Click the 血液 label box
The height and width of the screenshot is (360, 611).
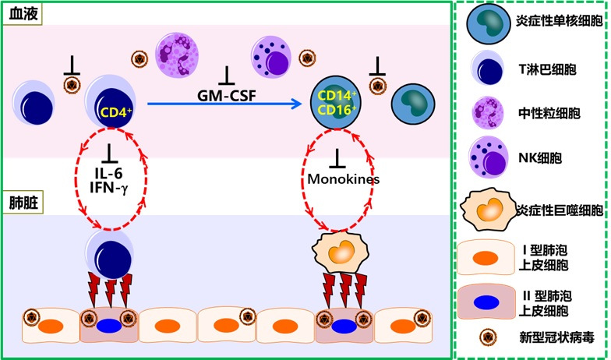(22, 13)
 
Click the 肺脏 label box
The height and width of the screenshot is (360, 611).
(22, 204)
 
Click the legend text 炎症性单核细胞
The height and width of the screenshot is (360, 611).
(560, 22)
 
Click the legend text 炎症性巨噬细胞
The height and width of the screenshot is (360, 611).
(560, 210)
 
